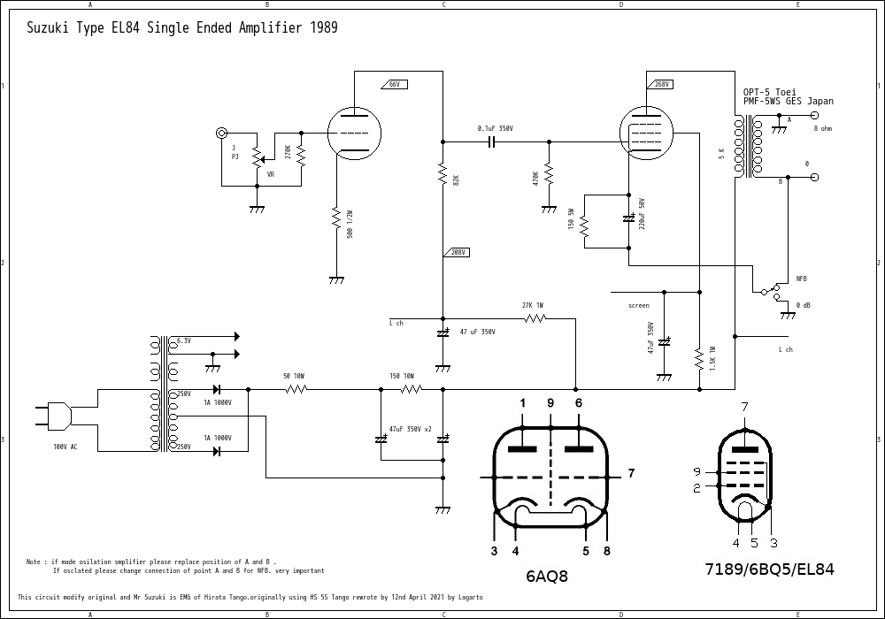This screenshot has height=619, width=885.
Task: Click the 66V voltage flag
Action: pos(392,84)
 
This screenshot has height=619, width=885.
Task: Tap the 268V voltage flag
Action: pos(660,84)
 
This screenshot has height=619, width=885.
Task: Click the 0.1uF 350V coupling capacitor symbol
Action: pos(491,141)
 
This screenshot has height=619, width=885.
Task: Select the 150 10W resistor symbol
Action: pos(408,388)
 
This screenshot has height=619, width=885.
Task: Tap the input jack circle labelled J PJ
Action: pos(221,134)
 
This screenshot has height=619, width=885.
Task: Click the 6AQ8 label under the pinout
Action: pos(546,577)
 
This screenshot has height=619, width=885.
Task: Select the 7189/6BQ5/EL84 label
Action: pos(769,569)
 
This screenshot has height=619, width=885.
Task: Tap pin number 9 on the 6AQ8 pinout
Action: pos(550,403)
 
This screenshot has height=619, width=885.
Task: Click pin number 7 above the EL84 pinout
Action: pos(744,407)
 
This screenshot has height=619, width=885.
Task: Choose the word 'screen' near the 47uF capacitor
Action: pos(638,305)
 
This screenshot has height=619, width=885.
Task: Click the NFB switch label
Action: pos(801,279)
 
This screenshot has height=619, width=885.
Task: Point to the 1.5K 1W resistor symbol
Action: pos(698,358)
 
